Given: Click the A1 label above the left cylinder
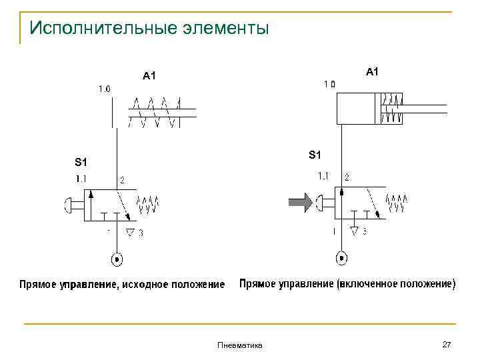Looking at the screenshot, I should (149, 76).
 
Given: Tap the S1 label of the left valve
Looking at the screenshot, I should (81, 162).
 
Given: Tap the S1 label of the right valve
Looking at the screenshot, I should (315, 155).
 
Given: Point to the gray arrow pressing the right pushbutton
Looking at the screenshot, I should (299, 201).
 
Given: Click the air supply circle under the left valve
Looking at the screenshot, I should (117, 258).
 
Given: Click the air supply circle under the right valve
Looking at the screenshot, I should (341, 257).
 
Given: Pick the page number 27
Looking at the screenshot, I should (447, 344).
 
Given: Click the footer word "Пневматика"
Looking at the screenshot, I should (240, 345).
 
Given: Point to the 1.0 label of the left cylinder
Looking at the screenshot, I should (105, 88).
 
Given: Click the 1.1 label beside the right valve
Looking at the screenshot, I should (323, 176).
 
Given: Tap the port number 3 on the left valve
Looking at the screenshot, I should (141, 233).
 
